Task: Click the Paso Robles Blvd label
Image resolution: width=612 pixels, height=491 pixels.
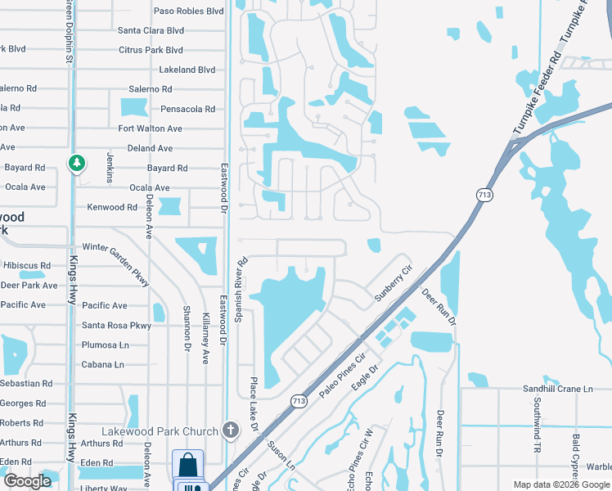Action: [x=189, y=11]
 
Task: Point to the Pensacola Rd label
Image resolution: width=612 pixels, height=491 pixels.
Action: [x=187, y=109]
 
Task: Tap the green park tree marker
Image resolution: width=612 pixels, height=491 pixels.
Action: [x=77, y=164]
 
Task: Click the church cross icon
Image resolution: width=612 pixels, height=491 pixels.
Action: [x=232, y=430]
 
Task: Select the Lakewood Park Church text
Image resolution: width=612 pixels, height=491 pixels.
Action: [x=160, y=431]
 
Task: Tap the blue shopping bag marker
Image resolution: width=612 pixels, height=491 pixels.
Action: [x=188, y=464]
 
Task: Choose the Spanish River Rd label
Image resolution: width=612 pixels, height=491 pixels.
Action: [x=241, y=291]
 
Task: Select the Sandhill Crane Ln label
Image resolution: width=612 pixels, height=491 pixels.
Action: [x=558, y=389]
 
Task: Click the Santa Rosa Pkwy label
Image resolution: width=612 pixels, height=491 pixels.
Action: [x=116, y=325]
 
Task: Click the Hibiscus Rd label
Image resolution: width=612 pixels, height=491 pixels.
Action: [x=27, y=266]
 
